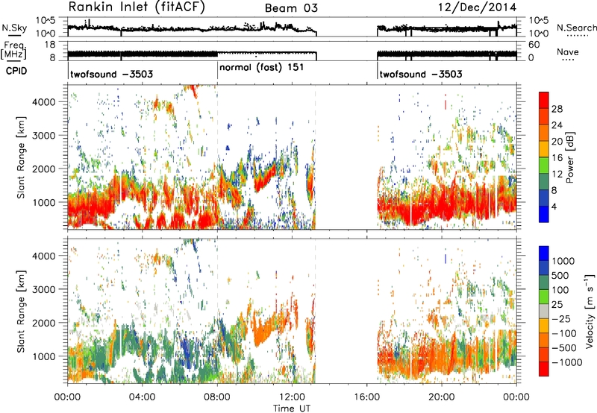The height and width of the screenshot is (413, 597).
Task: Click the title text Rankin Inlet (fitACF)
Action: pos(137,7)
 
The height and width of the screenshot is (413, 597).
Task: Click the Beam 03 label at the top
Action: pos(291,8)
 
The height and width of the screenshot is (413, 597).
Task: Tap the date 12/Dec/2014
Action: pos(478,7)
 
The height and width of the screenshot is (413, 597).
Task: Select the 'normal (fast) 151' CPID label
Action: pos(262,68)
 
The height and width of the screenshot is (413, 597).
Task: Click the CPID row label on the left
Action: pos(16,71)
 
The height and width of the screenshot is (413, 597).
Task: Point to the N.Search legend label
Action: pos(576,28)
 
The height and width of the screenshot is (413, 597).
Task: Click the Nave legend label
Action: pos(568,51)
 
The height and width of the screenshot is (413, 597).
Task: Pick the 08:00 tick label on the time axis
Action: pos(217,397)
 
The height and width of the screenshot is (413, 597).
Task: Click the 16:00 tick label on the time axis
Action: pos(366,397)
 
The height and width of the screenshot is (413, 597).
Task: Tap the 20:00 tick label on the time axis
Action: pos(442,397)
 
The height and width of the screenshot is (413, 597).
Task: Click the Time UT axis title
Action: pos(292,409)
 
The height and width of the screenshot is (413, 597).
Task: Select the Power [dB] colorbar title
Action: pos(569,157)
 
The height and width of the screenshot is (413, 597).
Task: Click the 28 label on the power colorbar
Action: pos(557,109)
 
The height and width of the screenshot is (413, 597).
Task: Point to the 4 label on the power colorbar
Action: pos(554,207)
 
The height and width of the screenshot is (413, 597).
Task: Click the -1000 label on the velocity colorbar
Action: pos(567,362)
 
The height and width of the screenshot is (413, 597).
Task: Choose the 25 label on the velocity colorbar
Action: pos(557,305)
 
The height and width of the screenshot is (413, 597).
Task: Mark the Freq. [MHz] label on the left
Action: pos(13,51)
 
